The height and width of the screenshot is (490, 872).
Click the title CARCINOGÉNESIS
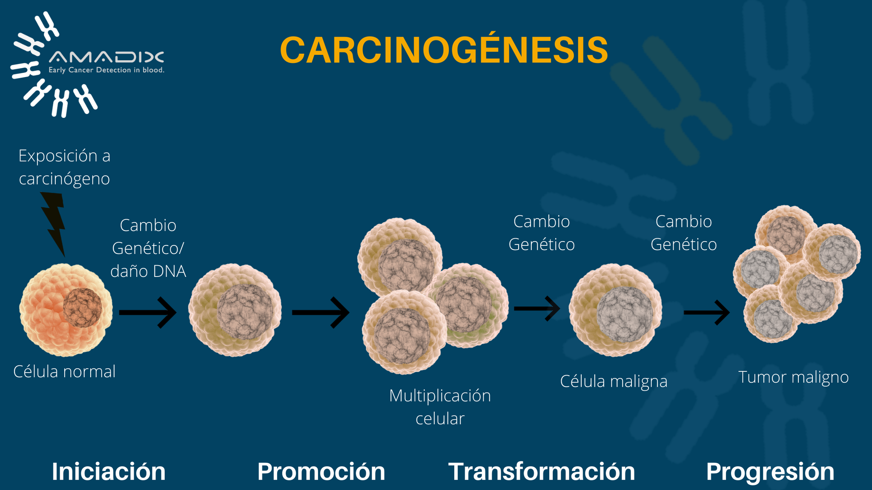(444, 50)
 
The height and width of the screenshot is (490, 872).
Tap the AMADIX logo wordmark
(106, 57)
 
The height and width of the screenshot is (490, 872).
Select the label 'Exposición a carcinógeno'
(64, 167)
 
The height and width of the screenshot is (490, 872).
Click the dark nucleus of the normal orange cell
(82, 308)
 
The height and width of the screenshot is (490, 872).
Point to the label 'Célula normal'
(64, 372)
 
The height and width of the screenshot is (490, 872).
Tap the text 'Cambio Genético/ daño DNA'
(148, 248)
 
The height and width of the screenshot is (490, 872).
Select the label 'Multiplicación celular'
(440, 407)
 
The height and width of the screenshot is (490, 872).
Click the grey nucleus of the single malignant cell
(625, 314)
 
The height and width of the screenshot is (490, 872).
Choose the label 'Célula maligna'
(614, 381)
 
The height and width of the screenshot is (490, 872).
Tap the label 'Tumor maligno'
(793, 377)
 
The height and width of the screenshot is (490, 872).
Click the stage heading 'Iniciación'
(109, 471)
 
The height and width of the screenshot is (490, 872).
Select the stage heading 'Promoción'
(321, 471)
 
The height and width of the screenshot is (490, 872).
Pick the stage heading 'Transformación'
(541, 471)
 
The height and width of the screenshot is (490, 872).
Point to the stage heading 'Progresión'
(770, 471)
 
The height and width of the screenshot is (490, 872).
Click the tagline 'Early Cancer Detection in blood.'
(106, 70)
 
